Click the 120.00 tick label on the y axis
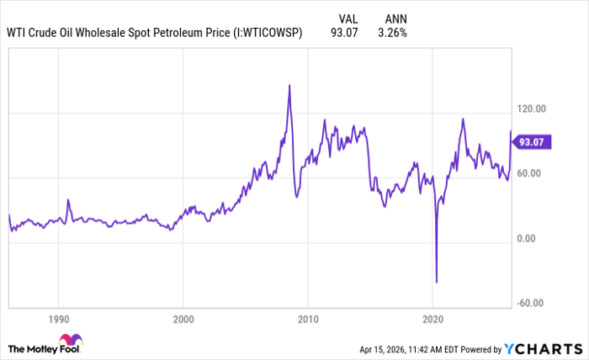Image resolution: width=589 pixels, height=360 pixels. (x=533, y=109)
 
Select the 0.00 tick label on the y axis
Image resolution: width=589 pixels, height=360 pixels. (x=528, y=238)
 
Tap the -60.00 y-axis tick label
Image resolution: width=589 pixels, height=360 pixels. (x=532, y=304)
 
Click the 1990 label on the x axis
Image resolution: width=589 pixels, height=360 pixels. (x=58, y=320)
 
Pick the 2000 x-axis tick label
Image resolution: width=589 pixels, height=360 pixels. (x=183, y=320)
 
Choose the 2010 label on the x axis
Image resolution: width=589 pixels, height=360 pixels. (x=308, y=320)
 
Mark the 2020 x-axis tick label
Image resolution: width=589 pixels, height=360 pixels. (x=432, y=320)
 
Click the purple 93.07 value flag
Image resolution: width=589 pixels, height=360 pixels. (x=533, y=142)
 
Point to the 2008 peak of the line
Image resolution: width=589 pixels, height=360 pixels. (x=289, y=85)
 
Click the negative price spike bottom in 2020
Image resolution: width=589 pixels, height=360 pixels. (x=437, y=283)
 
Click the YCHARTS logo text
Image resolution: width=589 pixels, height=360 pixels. (x=546, y=348)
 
